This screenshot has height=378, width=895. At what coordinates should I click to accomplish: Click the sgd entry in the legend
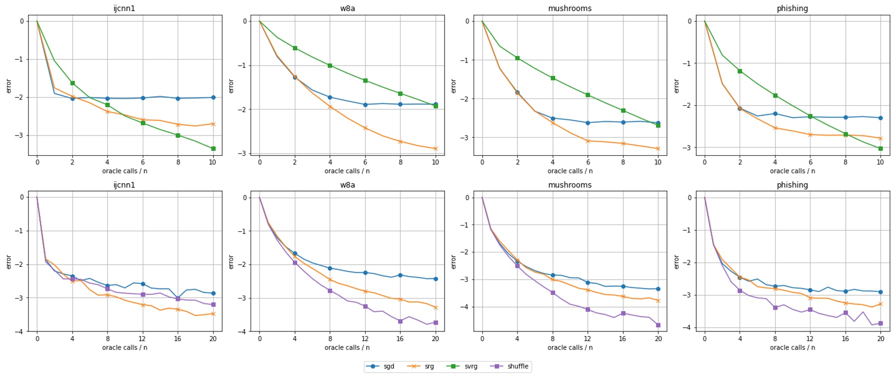(x=389, y=366)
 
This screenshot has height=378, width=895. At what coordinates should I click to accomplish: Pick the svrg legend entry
(x=470, y=366)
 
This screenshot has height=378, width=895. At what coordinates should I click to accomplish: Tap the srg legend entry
(x=429, y=366)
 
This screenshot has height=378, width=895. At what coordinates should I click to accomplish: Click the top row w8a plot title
(x=347, y=8)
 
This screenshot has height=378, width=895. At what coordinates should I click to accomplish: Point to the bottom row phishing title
(x=792, y=185)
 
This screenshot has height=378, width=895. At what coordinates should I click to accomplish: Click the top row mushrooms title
(x=570, y=8)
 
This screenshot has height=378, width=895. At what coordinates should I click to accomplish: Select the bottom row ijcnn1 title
(x=124, y=185)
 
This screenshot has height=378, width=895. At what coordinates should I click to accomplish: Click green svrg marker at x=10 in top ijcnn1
(x=213, y=149)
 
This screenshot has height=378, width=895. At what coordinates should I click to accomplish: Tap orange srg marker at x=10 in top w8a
(x=436, y=149)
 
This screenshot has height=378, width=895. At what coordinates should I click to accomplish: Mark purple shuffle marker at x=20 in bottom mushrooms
(x=658, y=325)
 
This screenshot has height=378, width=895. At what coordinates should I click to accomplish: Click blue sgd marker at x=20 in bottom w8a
(x=436, y=279)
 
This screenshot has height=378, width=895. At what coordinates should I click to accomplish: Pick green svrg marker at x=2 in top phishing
(x=740, y=71)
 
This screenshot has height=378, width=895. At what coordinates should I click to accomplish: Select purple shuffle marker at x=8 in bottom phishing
(x=775, y=307)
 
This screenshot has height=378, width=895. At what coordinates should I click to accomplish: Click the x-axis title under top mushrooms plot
(x=570, y=171)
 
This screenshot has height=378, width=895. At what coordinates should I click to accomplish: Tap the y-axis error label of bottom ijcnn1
(x=8, y=262)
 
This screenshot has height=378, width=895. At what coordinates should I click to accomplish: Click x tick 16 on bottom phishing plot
(x=845, y=339)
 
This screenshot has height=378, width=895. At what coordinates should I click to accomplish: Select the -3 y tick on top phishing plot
(x=688, y=148)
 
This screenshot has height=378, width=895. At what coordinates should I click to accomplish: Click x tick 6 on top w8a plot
(x=365, y=162)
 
